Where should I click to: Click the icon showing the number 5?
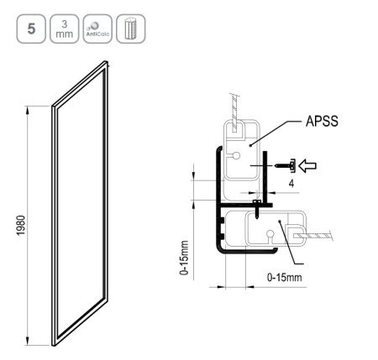click(x=31, y=29)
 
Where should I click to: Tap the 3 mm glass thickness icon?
click(x=65, y=29)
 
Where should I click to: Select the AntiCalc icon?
click(x=97, y=29)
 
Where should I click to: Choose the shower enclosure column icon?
click(x=131, y=29)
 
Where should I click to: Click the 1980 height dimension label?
click(x=21, y=226)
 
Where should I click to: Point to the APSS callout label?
click(x=322, y=122)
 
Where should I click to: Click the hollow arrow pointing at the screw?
click(x=307, y=166)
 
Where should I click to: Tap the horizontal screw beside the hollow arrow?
click(x=285, y=165)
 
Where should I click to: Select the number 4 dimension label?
click(x=291, y=184)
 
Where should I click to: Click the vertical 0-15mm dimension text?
click(x=185, y=258)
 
